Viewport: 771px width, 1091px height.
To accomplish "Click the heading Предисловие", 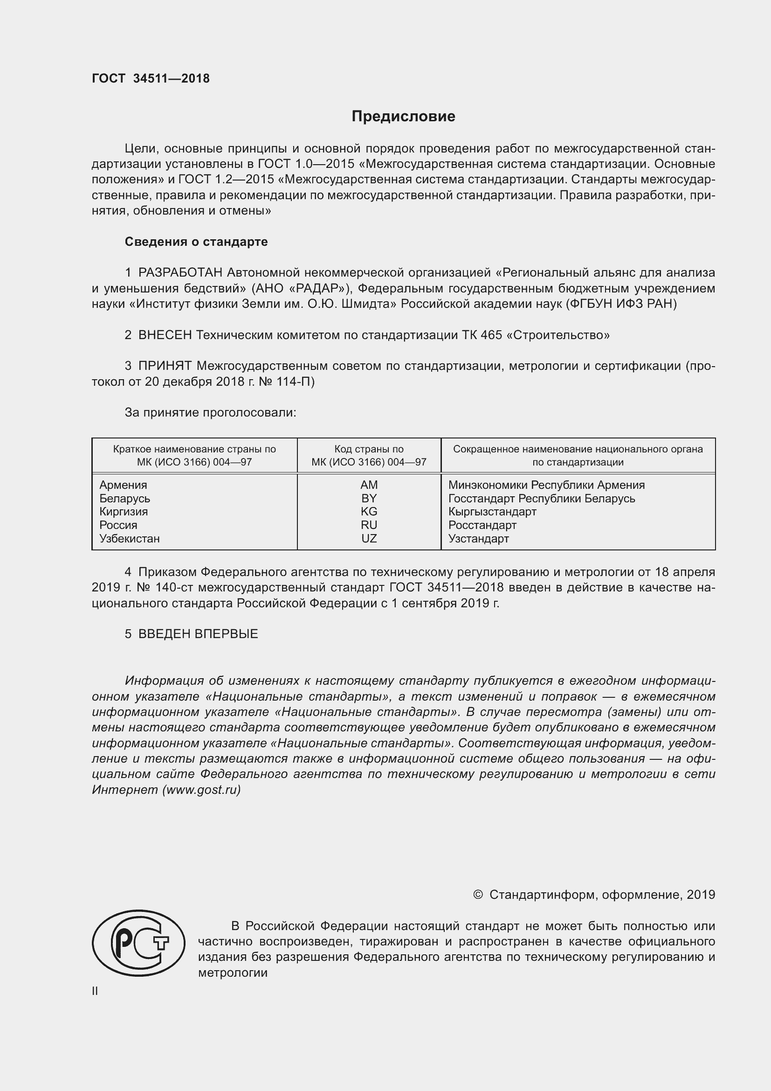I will coord(403,117).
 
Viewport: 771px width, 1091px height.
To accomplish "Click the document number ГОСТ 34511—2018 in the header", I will coord(151,79).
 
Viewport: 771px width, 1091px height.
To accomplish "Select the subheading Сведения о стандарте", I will coord(196,242).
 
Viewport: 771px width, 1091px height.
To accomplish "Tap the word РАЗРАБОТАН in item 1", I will coord(180,273).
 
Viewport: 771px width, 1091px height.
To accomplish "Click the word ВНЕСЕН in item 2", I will coord(165,335).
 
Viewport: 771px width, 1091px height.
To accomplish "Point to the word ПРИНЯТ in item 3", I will coord(165,366).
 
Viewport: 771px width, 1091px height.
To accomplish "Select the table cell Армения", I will coord(123,485).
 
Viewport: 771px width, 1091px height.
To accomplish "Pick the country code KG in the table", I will coord(369,512).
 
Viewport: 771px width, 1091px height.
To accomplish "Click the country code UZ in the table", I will coord(369,539).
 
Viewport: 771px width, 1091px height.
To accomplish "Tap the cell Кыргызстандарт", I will coord(492,512).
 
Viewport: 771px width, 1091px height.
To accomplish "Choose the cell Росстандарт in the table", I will coord(482,526).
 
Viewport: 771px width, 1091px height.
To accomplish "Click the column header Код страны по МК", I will coord(369,456).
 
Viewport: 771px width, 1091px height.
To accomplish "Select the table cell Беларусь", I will coord(125,499).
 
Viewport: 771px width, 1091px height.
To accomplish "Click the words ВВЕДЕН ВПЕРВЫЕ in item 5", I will coord(198,634).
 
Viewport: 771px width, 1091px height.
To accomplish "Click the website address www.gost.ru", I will coord(201,790).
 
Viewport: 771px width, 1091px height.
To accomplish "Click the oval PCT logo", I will coord(138,943).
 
